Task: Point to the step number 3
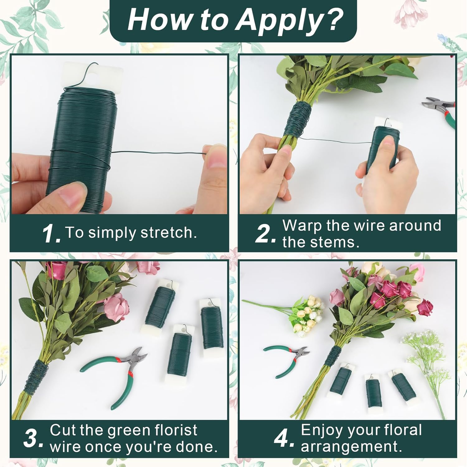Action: pyautogui.click(x=33, y=438)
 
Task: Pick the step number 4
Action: pyautogui.click(x=284, y=438)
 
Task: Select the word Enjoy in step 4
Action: pyautogui.click(x=322, y=431)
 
